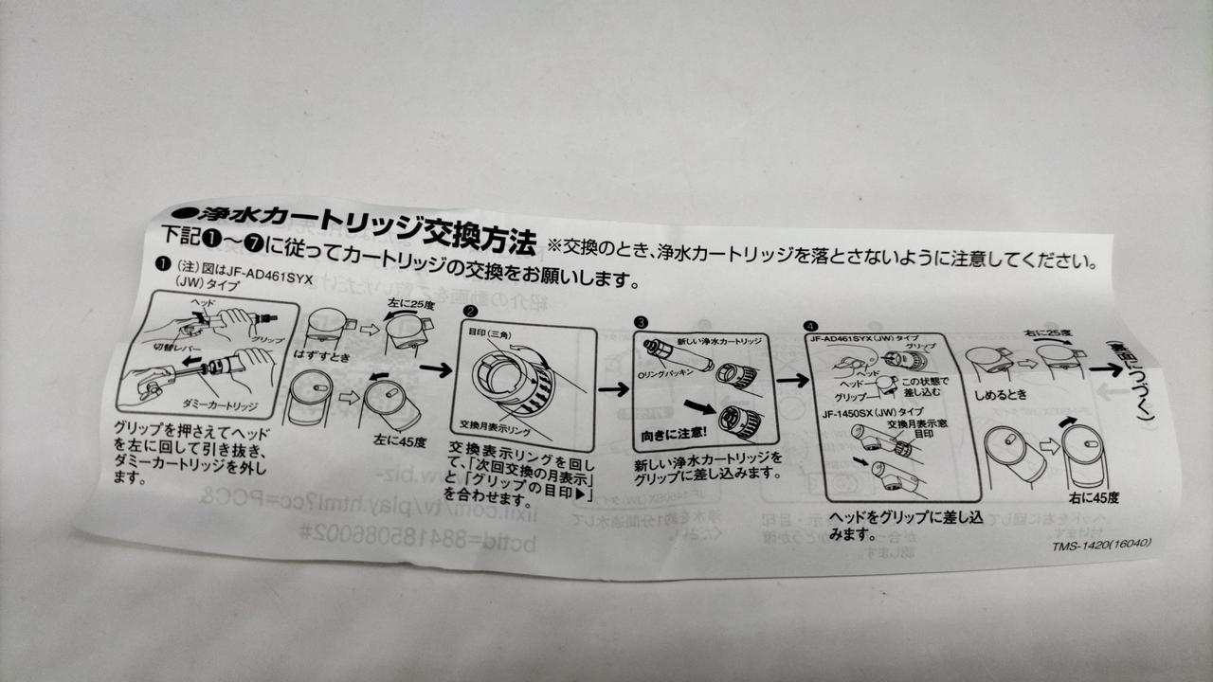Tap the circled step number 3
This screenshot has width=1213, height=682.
[642, 322]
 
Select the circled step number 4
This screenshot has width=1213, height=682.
[810, 327]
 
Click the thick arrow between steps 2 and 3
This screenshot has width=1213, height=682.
[614, 388]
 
